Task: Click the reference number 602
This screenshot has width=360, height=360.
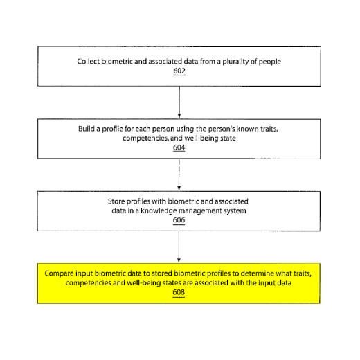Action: (179, 71)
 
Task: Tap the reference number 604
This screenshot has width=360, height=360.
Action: (179, 147)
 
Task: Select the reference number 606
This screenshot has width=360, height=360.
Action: (179, 220)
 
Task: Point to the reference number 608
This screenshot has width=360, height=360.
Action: (179, 292)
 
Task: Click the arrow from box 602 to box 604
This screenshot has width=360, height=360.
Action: (179, 102)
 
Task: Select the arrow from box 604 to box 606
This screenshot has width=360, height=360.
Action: (179, 175)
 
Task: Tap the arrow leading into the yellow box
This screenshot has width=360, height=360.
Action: (179, 247)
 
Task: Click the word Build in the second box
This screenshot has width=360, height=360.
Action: (87, 129)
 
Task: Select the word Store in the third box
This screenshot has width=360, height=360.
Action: (116, 201)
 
